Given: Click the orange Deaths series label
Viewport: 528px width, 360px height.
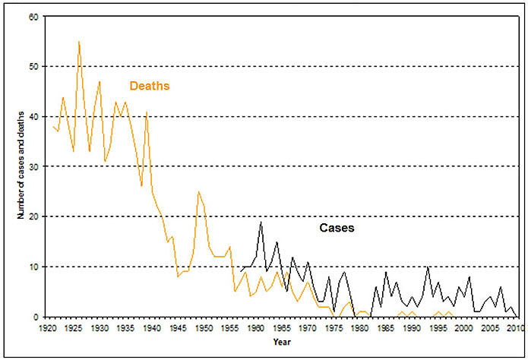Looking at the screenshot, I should point(149,86).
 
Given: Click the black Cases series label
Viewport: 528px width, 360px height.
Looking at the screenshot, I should point(336,227).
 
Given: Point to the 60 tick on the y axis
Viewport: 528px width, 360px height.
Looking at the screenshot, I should point(33,16).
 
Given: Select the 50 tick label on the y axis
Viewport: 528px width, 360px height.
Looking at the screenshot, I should point(33,66).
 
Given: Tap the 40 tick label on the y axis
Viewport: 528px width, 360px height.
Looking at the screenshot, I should point(33,116).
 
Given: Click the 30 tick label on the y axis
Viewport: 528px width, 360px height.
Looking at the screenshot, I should point(33,166).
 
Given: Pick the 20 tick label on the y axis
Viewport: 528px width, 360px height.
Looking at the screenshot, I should point(33,216).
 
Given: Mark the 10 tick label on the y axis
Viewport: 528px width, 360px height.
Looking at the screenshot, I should point(33,267).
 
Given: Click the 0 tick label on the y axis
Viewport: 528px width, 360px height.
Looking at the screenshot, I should point(35,317).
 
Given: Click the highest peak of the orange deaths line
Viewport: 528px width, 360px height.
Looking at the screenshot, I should point(79,41).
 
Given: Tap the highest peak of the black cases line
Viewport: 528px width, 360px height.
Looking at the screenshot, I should point(261,222).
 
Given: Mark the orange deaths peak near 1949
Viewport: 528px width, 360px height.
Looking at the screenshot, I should point(198,191).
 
